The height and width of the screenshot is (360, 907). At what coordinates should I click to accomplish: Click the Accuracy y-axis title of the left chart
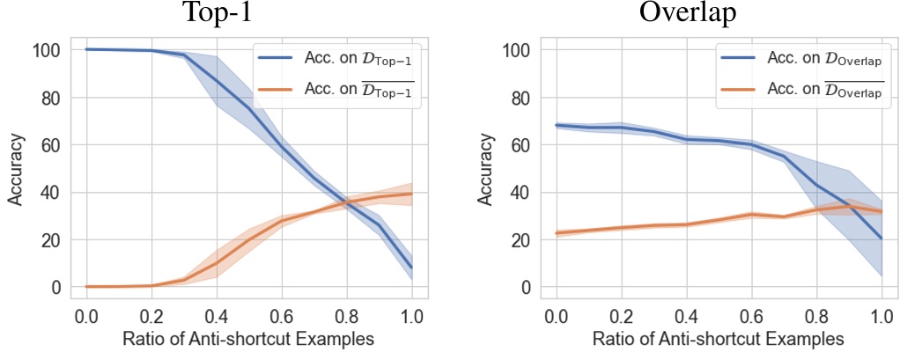point(15,170)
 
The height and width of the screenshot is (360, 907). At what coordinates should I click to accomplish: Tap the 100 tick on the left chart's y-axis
point(48,50)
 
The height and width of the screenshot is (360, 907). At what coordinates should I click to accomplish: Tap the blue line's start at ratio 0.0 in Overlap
point(556,125)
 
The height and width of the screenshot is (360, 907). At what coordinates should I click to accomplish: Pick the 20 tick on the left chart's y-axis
point(51,240)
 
